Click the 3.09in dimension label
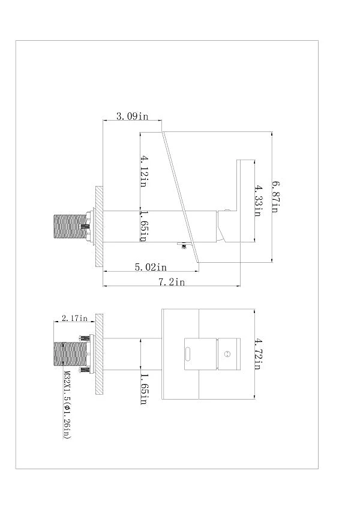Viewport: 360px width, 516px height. point(132,116)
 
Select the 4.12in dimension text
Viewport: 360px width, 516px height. point(144,172)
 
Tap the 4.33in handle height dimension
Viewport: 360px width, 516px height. point(258,201)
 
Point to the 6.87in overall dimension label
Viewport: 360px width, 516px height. point(276,197)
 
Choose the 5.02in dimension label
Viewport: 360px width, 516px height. point(151,267)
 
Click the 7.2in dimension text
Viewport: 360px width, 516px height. point(172,282)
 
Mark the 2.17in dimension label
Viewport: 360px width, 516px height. point(74,318)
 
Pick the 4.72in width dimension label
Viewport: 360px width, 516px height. point(257,354)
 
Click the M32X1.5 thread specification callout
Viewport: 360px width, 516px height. point(67,405)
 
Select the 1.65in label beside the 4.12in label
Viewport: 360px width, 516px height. point(144,226)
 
